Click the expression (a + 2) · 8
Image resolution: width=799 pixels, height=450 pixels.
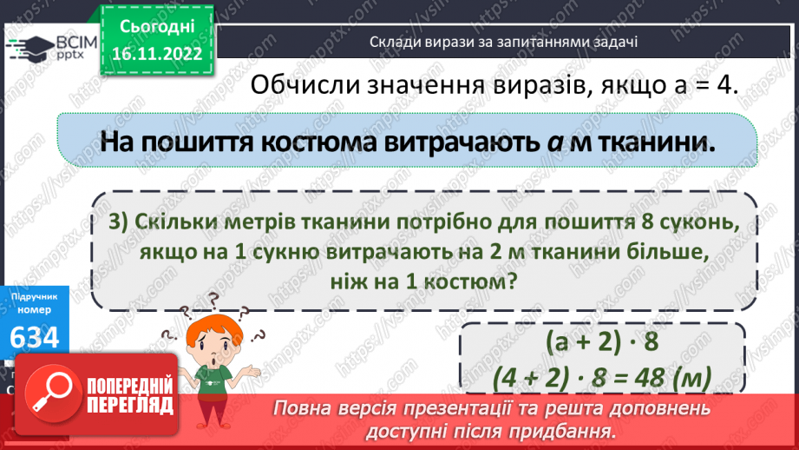click(604, 342)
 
